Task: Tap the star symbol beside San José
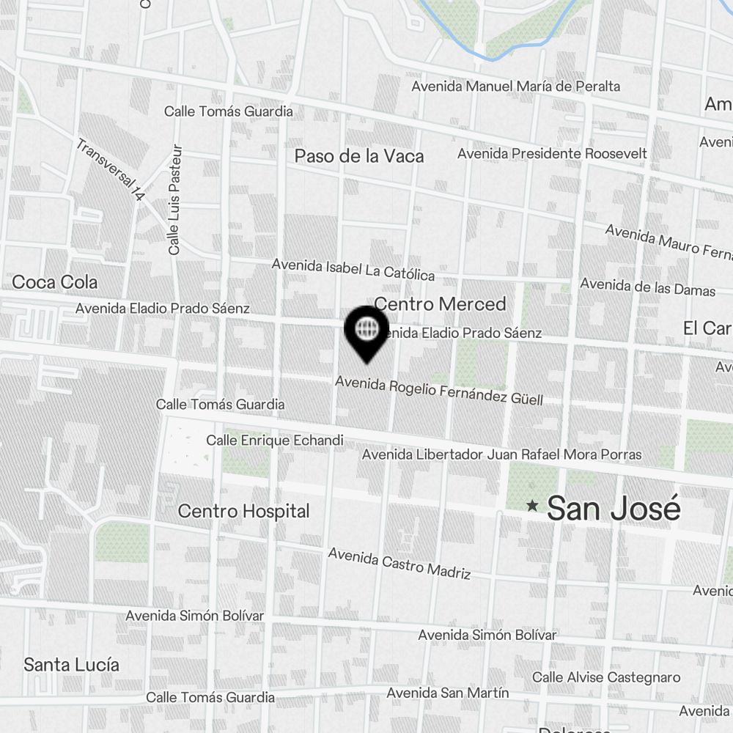(533, 506)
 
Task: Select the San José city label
(614, 508)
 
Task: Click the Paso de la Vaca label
(359, 155)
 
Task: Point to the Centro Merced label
(440, 303)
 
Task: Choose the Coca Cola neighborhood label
(55, 282)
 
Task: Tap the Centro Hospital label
(244, 511)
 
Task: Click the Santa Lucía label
(71, 665)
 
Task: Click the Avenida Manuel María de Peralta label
(516, 86)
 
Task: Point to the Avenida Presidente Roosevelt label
(553, 153)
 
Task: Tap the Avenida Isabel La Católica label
(353, 270)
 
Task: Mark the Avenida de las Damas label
(648, 287)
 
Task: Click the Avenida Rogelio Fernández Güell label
(439, 391)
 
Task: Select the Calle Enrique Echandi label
(275, 441)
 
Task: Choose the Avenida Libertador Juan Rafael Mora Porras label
(502, 454)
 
